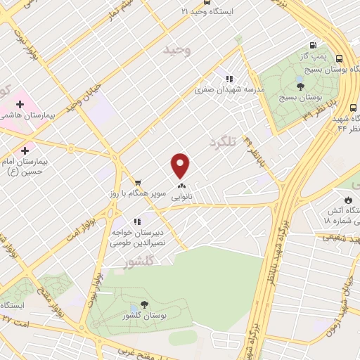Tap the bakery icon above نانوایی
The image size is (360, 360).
(x=181, y=187)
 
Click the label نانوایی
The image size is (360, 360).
(x=181, y=198)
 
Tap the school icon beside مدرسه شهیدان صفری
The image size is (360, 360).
(x=229, y=79)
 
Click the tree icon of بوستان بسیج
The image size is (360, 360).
(x=300, y=86)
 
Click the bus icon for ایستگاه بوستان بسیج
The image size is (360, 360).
(x=340, y=59)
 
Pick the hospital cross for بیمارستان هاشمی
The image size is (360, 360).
(x=20, y=105)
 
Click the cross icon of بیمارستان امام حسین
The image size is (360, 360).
(x=25, y=150)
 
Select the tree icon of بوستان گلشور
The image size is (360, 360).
(x=144, y=304)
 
